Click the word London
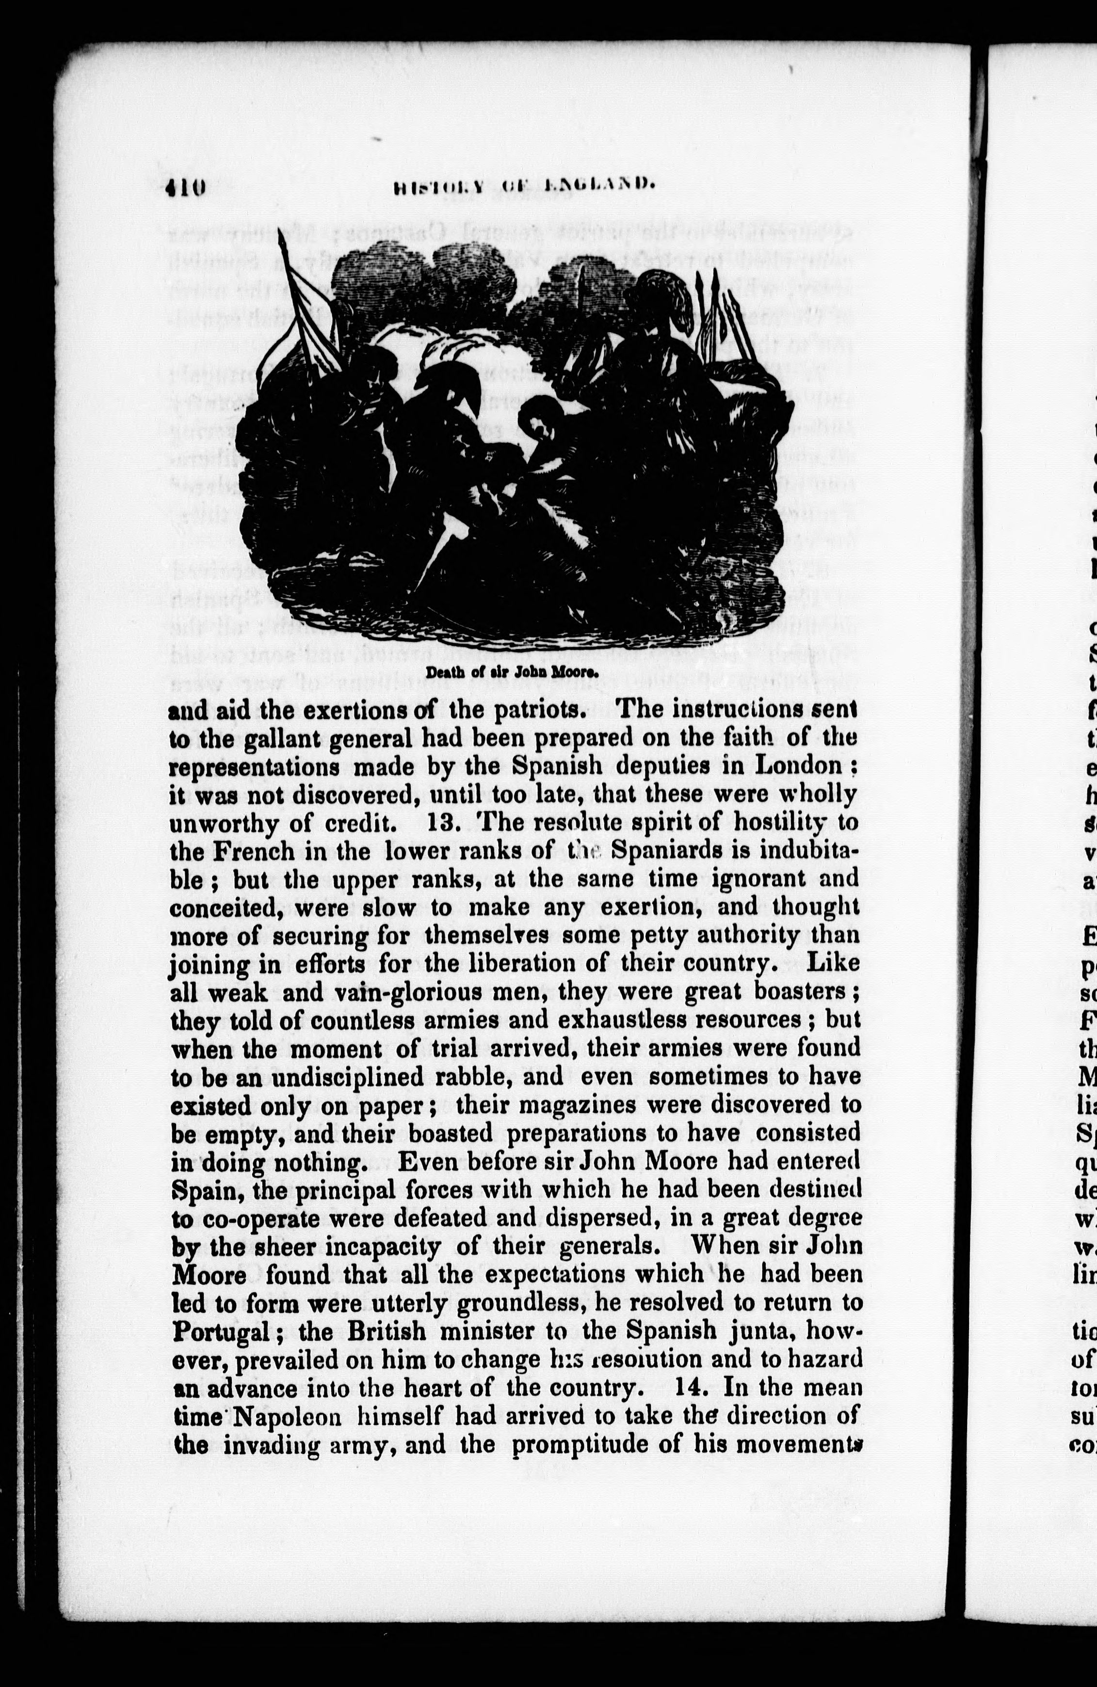click(x=802, y=766)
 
